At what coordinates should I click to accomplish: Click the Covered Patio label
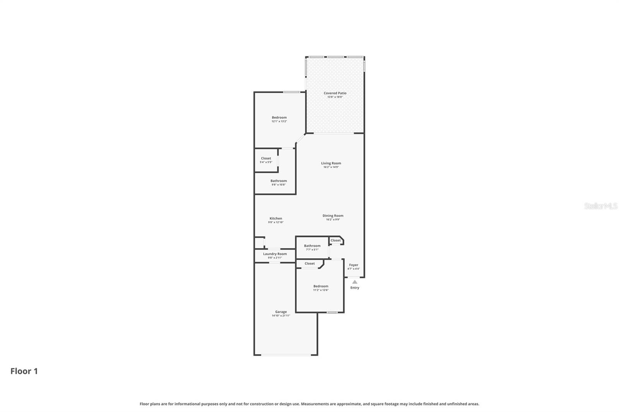tap(335, 93)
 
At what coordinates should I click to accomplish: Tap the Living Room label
tap(331, 163)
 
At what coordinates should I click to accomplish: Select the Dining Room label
tap(333, 216)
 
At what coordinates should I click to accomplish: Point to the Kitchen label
tap(276, 218)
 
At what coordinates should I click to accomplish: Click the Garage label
tap(281, 312)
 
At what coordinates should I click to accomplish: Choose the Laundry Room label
tap(275, 254)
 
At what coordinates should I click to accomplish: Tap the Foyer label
tap(354, 265)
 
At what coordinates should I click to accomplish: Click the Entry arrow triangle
tap(355, 282)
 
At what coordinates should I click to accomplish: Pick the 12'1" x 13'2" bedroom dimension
tap(279, 121)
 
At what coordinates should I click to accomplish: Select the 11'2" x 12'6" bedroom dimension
tap(321, 290)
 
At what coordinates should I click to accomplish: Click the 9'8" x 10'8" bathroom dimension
tap(279, 185)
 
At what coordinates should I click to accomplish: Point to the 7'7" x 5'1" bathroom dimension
tap(312, 250)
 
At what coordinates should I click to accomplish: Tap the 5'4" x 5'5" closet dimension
tap(266, 162)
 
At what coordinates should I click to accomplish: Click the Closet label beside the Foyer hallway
tap(335, 240)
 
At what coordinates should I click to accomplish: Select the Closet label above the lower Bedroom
tap(309, 264)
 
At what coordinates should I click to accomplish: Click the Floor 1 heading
tap(24, 371)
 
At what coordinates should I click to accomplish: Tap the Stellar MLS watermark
tap(600, 206)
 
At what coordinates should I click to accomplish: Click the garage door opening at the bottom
tap(286, 354)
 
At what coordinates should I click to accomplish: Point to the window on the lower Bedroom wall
tap(332, 312)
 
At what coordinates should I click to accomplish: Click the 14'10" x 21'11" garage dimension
tap(281, 316)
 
